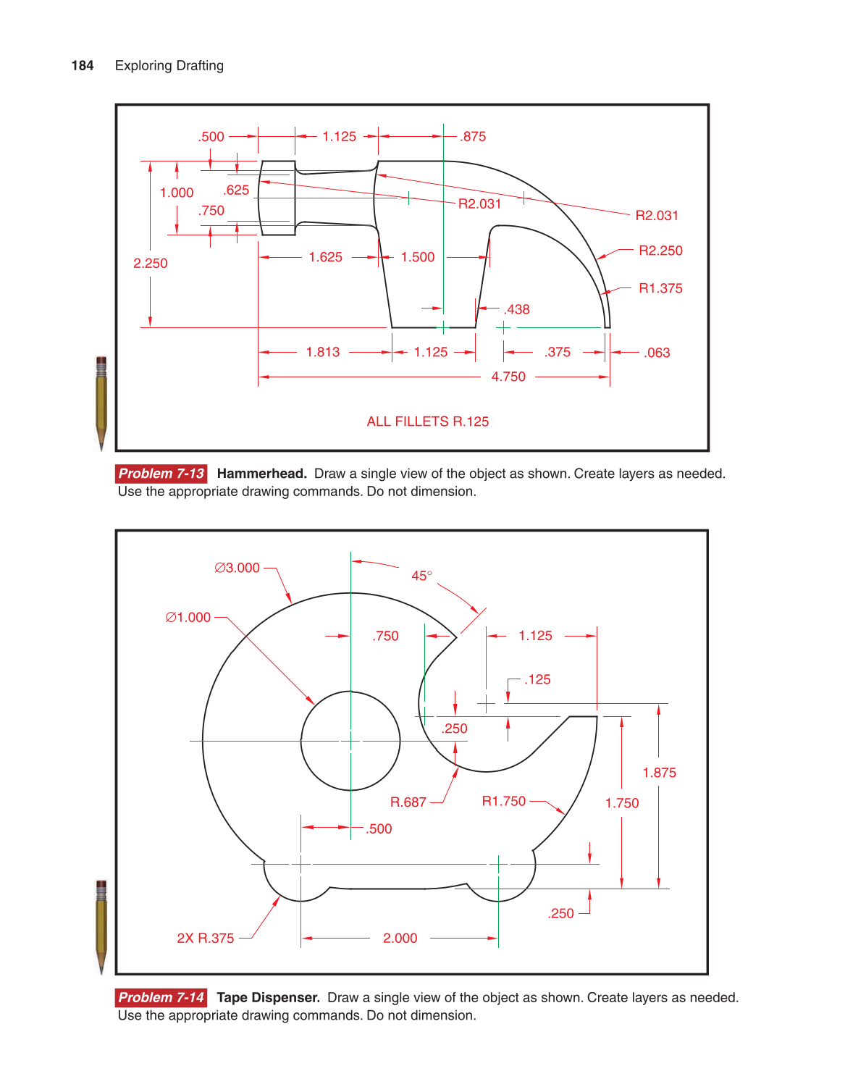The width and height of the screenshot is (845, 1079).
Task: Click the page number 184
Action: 83,66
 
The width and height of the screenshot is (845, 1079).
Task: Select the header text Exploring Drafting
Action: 169,66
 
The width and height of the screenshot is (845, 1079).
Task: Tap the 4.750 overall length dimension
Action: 508,377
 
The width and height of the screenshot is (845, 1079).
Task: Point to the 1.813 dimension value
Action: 322,352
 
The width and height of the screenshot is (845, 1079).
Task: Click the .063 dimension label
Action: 657,353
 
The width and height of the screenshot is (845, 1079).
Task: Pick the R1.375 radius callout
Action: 660,288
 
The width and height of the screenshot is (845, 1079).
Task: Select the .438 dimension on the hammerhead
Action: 517,309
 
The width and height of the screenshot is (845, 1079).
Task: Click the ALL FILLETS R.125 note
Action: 427,421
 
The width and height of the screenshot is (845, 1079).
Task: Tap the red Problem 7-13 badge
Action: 161,474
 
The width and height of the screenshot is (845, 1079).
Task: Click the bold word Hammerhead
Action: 261,474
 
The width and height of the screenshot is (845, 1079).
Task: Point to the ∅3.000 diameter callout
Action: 237,568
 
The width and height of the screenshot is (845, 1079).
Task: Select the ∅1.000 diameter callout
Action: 188,618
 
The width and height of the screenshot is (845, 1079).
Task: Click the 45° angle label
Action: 421,576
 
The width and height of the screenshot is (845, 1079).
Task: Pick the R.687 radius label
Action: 408,802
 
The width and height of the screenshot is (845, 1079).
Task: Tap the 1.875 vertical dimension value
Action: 659,773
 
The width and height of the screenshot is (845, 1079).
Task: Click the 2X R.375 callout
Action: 205,938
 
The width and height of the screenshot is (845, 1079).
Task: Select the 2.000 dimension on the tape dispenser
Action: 400,938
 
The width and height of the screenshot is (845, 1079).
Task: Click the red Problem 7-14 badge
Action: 161,997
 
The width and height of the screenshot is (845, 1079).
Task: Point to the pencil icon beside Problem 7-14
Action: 101,926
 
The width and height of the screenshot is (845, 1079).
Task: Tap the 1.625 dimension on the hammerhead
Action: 325,257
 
